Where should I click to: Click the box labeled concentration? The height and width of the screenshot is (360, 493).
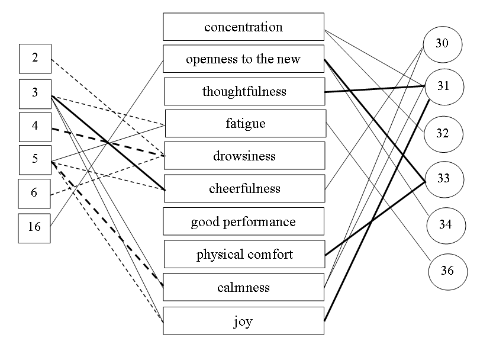(x=243, y=27)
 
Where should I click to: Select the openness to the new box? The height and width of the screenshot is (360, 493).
(x=243, y=59)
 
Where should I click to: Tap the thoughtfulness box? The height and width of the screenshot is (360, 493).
(x=244, y=91)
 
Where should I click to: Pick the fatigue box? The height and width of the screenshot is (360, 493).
(x=245, y=124)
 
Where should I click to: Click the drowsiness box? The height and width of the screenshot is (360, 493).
(x=244, y=156)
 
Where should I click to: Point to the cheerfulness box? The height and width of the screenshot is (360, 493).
(x=244, y=188)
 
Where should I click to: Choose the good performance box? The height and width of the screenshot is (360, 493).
(x=243, y=221)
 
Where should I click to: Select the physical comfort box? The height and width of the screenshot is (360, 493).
(x=244, y=255)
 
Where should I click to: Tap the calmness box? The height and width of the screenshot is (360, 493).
(x=243, y=287)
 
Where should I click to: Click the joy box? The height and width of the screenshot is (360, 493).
(x=243, y=322)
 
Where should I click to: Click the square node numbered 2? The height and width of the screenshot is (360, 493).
(x=35, y=58)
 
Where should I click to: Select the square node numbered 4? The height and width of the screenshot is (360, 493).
(x=35, y=127)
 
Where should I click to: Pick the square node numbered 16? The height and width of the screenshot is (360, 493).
(x=35, y=226)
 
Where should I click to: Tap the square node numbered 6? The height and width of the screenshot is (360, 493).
(x=35, y=193)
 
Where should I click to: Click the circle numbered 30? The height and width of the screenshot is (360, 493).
(x=442, y=44)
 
